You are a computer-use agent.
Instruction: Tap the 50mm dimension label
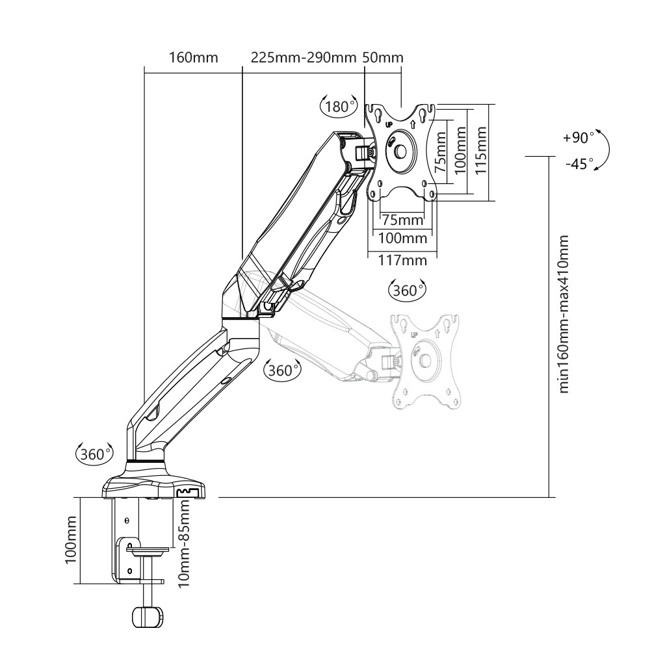383,57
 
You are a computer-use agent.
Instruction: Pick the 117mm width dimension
403,260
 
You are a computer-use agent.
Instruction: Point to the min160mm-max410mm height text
564,314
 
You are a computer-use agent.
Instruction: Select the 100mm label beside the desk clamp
71,540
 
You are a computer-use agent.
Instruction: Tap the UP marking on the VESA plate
389,123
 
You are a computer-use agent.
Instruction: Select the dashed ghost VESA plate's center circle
426,359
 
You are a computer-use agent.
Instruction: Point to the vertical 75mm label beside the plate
441,151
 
